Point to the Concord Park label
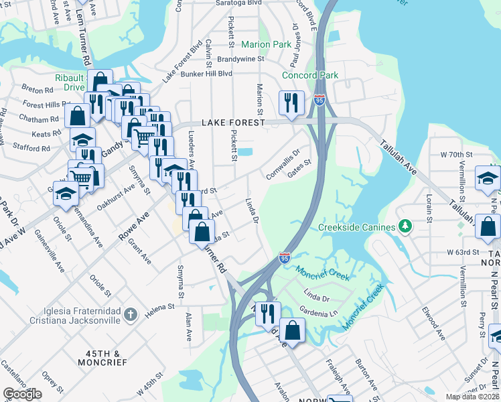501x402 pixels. point(310,76)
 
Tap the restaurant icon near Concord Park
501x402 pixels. point(291,103)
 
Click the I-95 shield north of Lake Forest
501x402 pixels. point(319,100)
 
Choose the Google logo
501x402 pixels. point(22,394)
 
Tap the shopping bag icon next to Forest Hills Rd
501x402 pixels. point(78,116)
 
